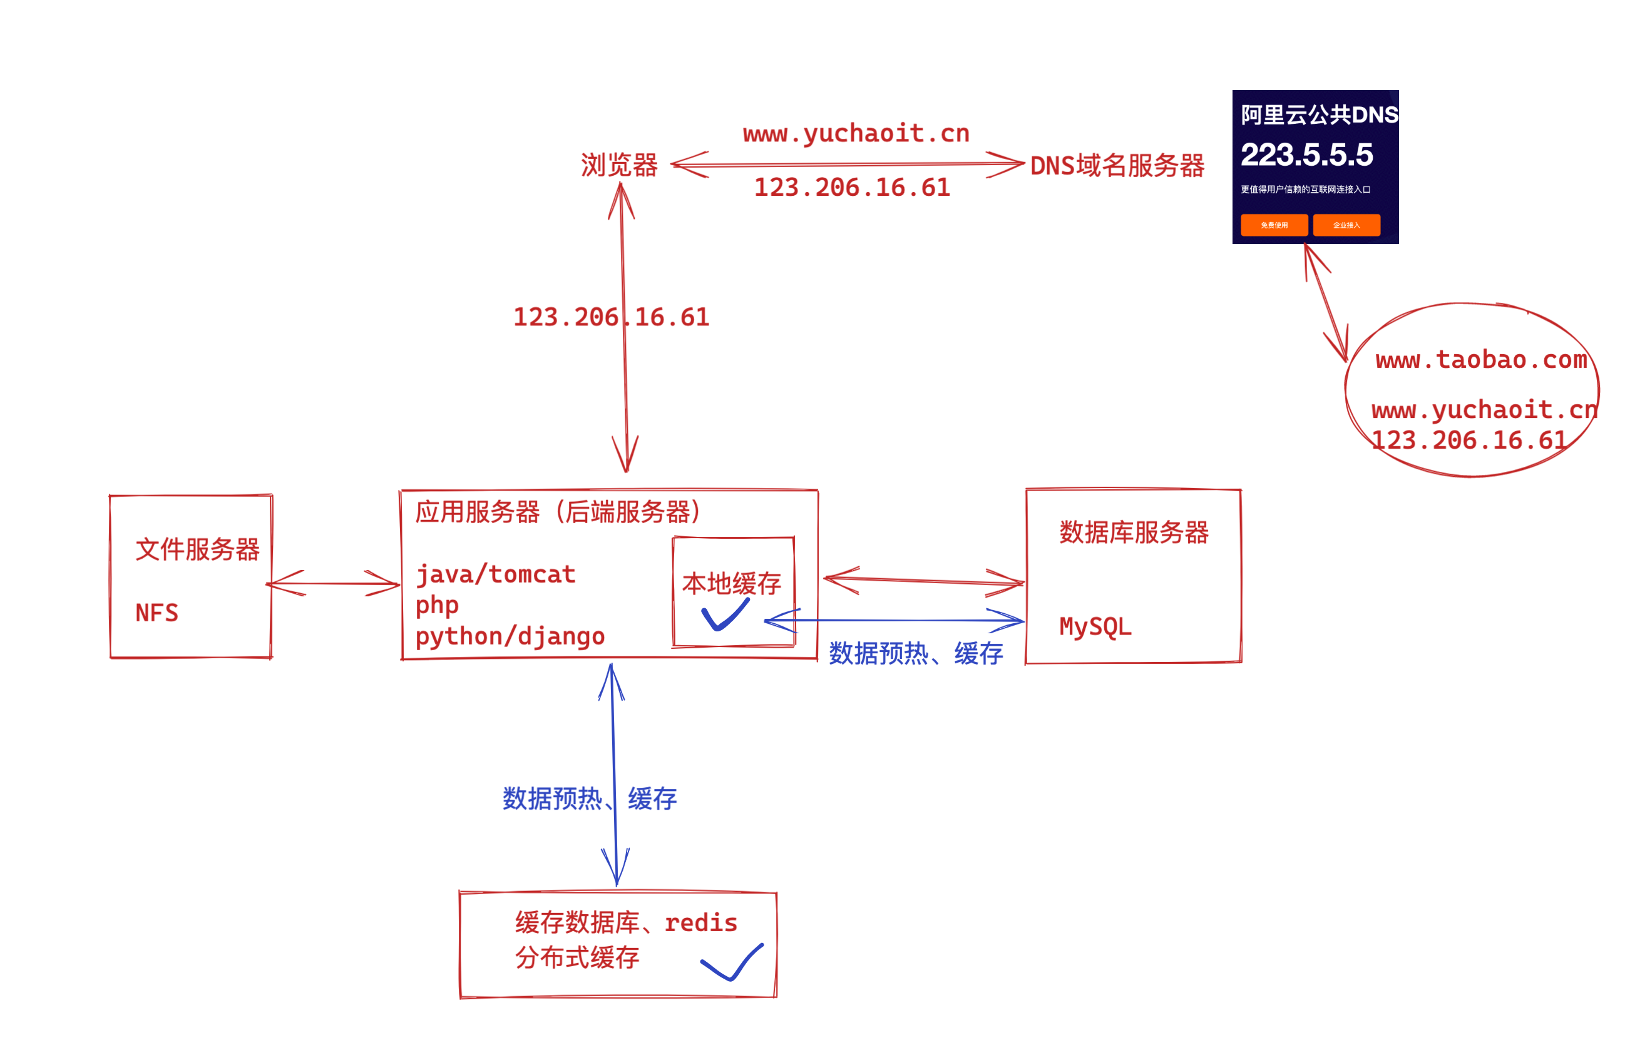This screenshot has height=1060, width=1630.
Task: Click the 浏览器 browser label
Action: point(619,166)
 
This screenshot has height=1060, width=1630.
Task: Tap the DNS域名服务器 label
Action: point(1117,166)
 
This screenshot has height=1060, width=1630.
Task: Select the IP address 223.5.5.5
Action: point(1306,155)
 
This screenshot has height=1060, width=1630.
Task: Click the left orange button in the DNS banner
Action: point(1274,225)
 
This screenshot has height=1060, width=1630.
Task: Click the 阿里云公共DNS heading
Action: point(1319,115)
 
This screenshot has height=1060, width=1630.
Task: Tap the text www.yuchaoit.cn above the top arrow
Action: point(856,133)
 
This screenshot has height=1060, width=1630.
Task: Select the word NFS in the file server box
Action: point(157,613)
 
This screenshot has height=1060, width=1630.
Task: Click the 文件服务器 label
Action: point(197,550)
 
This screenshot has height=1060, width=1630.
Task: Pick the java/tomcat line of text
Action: point(496,574)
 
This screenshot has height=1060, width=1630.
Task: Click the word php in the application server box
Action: point(437,605)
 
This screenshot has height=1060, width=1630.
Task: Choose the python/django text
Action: point(510,637)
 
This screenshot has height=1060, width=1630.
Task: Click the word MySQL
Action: point(1095,626)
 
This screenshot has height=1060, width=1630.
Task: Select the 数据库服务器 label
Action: point(1134,533)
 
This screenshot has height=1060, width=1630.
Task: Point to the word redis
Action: point(700,923)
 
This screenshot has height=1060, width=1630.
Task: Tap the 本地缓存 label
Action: point(732,584)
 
